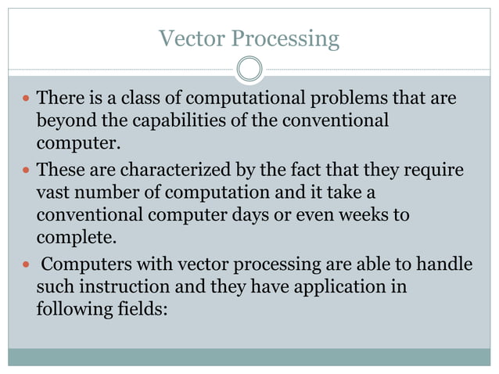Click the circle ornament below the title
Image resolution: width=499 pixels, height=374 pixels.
click(249, 70)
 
